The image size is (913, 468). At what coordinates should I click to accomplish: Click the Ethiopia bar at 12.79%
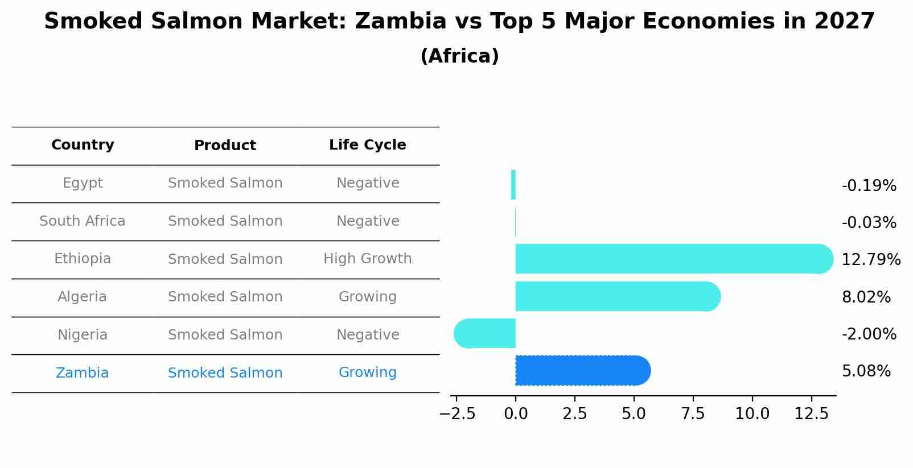(x=672, y=259)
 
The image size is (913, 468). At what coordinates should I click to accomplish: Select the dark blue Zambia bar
(x=581, y=371)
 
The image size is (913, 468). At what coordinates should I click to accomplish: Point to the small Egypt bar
(x=513, y=185)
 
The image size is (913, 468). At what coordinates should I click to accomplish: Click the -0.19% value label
(x=869, y=186)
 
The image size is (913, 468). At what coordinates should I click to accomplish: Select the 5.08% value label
(x=866, y=371)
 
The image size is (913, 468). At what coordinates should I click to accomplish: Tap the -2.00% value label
(x=869, y=334)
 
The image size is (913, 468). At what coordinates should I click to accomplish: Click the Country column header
(x=83, y=145)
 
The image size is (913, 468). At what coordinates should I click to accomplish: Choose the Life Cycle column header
(x=367, y=145)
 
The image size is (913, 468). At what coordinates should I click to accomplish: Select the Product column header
(x=225, y=146)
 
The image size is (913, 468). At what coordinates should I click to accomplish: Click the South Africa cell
(x=83, y=221)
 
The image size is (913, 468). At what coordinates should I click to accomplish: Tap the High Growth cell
(x=367, y=259)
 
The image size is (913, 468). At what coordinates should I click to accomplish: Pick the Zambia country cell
(x=82, y=373)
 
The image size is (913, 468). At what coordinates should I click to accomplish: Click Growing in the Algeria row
(x=367, y=297)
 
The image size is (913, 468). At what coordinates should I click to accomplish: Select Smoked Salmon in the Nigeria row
(x=225, y=335)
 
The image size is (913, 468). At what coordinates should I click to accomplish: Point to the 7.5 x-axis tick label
(x=693, y=414)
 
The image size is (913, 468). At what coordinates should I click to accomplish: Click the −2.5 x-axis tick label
(x=457, y=414)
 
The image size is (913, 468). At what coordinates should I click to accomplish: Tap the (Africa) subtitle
(x=459, y=56)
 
